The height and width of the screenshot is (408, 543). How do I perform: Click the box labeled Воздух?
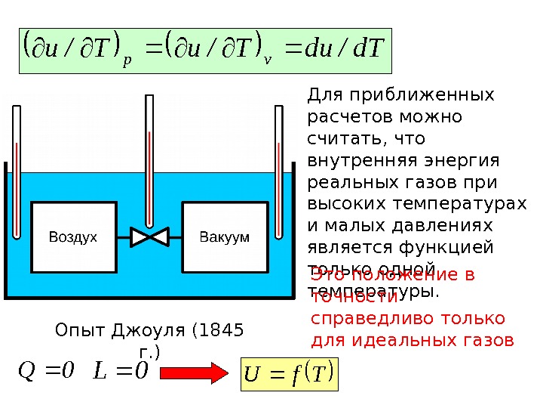(x=73, y=237)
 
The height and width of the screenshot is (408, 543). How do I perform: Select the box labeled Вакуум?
(x=224, y=237)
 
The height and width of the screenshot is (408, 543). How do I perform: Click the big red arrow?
(x=192, y=372)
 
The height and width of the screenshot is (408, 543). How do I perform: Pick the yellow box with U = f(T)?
(x=290, y=372)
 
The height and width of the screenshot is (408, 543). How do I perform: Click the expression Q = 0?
(x=46, y=371)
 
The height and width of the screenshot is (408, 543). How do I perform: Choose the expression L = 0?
(x=121, y=371)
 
